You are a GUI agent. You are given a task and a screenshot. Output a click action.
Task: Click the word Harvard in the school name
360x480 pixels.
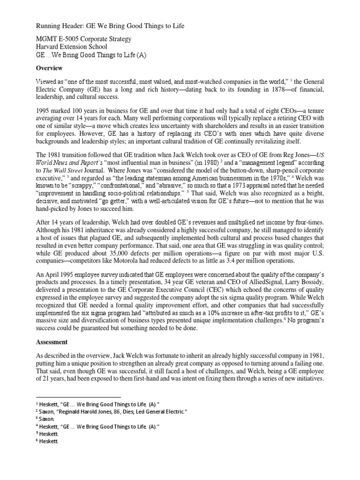pyautogui.click(x=49, y=47)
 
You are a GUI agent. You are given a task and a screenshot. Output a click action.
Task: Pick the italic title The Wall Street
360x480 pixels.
pyautogui.click(x=66, y=165)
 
